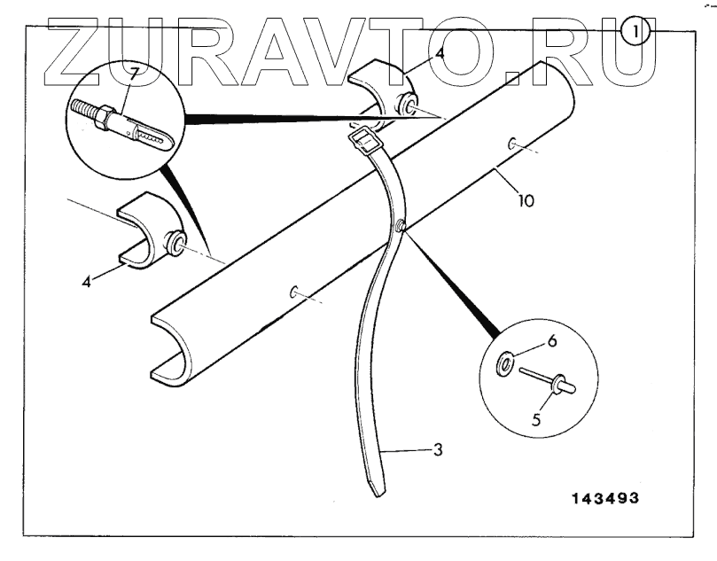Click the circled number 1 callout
pyautogui.click(x=635, y=32)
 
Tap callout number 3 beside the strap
pyautogui.click(x=437, y=450)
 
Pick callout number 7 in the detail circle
pyautogui.click(x=132, y=73)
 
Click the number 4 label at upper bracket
pyautogui.click(x=439, y=55)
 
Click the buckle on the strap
pyautogui.click(x=364, y=139)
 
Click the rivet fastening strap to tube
pyautogui.click(x=403, y=228)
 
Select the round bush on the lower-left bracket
pyautogui.click(x=177, y=242)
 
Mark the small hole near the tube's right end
pyautogui.click(x=512, y=143)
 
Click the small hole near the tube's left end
pyautogui.click(x=294, y=291)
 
